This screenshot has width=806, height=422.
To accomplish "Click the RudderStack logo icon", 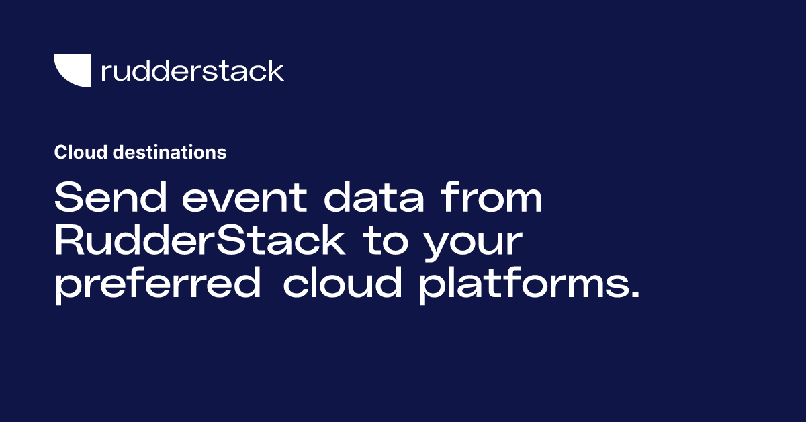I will [73, 70].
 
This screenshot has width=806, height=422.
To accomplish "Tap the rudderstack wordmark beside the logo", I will [192, 71].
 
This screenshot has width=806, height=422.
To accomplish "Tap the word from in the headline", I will [493, 200].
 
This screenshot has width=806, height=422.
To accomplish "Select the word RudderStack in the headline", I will [199, 243].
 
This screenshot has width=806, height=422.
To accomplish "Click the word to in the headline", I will [389, 243].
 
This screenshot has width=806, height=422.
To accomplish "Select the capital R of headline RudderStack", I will [70, 243].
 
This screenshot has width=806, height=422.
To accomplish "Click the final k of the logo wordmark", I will [276, 71].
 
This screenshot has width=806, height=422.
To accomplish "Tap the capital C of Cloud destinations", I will [60, 153].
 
